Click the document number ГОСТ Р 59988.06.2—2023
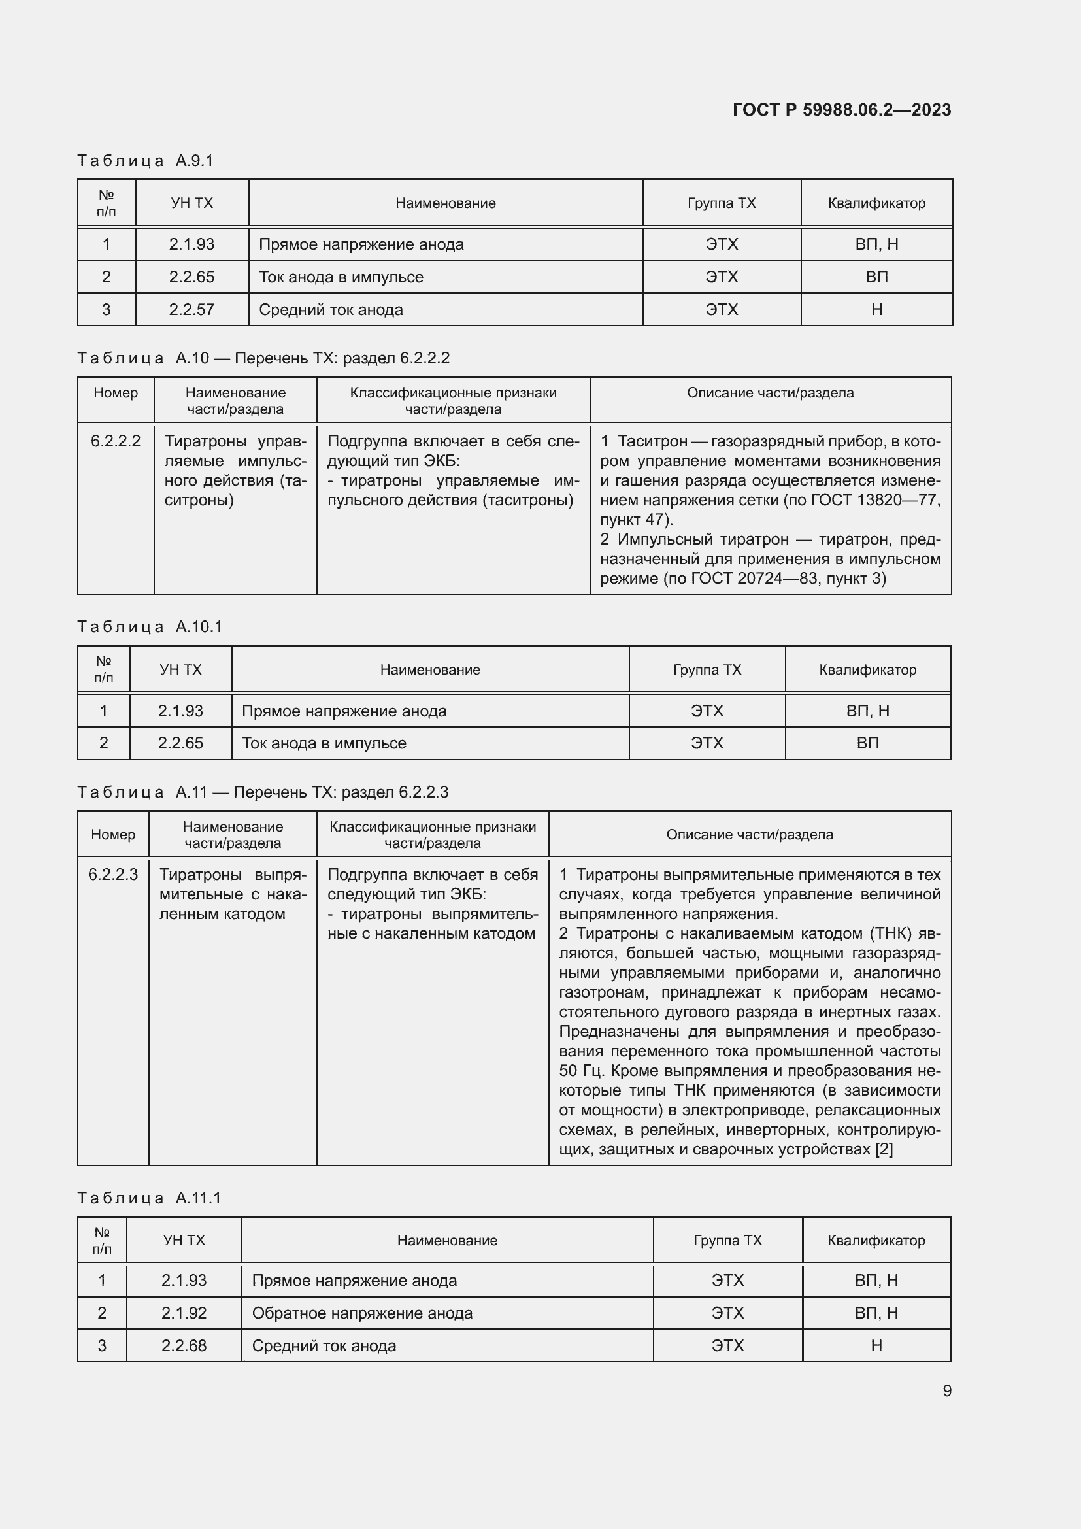[841, 110]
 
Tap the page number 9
[946, 1390]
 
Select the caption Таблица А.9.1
[145, 161]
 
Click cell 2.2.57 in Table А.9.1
[191, 310]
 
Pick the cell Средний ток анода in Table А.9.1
[331, 310]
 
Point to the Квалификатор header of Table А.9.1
[876, 203]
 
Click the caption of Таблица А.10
[263, 358]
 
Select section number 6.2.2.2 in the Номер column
[116, 441]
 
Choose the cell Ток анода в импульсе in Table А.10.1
[324, 743]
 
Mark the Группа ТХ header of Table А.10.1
[707, 670]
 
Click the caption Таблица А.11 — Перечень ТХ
[262, 792]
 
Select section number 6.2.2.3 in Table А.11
[113, 875]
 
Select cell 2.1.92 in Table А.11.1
[184, 1313]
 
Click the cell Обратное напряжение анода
[362, 1313]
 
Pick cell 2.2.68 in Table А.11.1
[184, 1346]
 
